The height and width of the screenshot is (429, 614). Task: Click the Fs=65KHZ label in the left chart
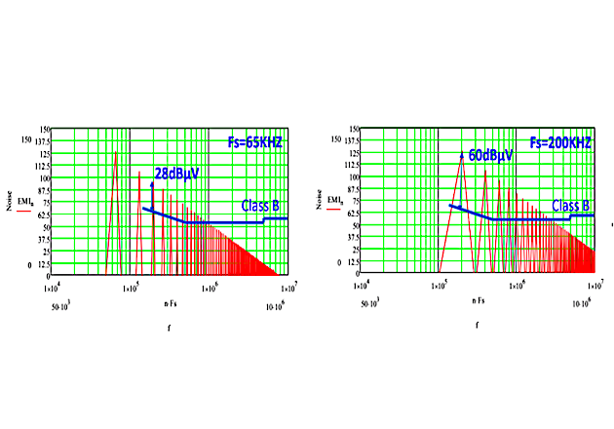point(249,141)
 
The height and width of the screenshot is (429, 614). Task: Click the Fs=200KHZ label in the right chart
point(560,141)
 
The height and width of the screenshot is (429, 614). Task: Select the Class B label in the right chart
point(571,206)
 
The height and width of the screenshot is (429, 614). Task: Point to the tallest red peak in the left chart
point(116,153)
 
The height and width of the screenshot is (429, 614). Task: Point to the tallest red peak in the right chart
point(461,156)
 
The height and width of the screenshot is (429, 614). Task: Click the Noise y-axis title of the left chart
point(9,202)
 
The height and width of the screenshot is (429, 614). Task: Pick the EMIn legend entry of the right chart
point(335,227)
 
